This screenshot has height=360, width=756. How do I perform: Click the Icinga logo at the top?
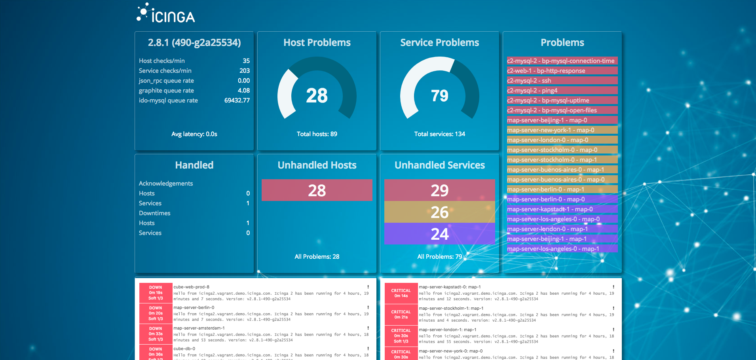point(166,13)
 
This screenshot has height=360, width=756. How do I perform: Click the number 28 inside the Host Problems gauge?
point(317,96)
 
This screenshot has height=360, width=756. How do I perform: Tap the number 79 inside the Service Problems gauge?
point(439,96)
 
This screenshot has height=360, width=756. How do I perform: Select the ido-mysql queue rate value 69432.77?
point(237,100)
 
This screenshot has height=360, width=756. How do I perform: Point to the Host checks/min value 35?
point(246,61)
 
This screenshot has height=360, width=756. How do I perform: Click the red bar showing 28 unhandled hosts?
point(317,190)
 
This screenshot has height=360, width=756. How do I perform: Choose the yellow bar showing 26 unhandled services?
point(439,212)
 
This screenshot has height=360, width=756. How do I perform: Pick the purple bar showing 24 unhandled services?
point(439,234)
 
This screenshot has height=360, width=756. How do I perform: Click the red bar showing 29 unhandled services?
point(439,190)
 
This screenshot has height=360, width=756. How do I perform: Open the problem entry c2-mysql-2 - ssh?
point(529,81)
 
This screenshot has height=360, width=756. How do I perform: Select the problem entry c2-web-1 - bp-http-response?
point(546,71)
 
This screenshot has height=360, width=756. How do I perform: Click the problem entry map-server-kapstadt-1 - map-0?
point(550,209)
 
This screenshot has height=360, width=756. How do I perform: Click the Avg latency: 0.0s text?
point(194,134)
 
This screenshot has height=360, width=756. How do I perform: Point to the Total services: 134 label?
point(439,134)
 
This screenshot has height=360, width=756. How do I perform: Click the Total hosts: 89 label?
point(317,134)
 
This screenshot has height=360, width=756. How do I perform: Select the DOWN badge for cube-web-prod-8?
point(156,293)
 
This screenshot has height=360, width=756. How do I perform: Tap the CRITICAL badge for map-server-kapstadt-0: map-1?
point(401,293)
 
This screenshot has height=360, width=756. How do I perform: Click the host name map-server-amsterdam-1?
point(199,328)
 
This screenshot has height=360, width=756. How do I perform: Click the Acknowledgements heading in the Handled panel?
point(166,184)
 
